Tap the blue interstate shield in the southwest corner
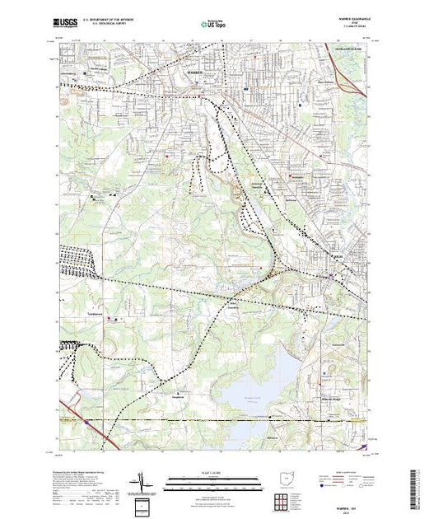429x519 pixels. click(86, 423)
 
